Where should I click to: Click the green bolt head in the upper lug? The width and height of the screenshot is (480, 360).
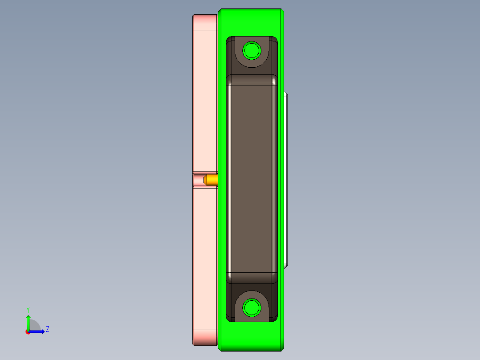252,50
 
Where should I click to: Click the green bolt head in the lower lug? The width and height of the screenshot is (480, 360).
252,308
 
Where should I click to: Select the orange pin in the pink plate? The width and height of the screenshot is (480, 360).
212,180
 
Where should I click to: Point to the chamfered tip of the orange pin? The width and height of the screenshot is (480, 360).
205,180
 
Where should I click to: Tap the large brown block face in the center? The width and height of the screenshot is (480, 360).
252,178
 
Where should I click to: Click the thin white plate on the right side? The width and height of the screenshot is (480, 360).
286,178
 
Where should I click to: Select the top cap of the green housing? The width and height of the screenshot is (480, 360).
251,16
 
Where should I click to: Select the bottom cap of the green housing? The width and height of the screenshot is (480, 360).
251,343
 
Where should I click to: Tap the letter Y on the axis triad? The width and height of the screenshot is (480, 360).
28,309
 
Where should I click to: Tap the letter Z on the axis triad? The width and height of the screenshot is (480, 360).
47,329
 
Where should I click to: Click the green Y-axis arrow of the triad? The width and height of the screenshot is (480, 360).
28,322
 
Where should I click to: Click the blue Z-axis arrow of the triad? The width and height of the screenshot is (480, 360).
37,331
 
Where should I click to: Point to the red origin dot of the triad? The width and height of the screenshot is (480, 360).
28,332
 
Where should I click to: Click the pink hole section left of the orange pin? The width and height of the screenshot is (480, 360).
198,180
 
